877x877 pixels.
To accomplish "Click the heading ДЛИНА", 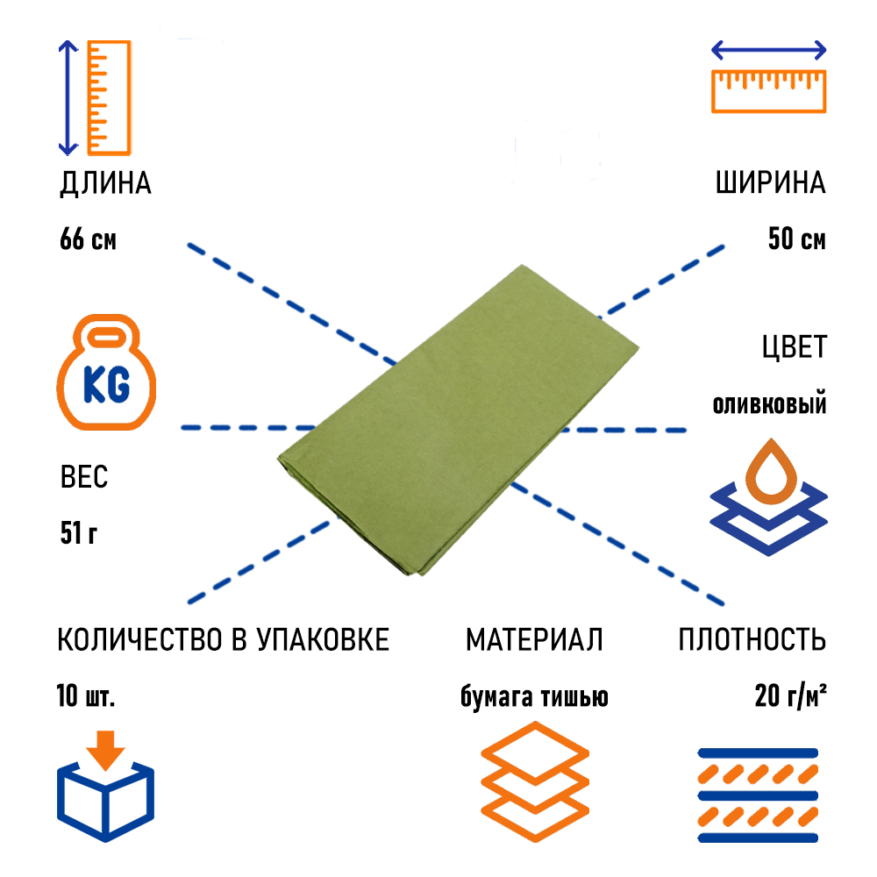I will coord(105,184).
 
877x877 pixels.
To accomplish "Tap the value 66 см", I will coord(88,239).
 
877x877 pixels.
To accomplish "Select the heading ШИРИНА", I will coord(770,184).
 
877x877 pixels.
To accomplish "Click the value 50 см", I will coord(796,239).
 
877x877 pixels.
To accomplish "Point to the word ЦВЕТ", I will coord(794,347).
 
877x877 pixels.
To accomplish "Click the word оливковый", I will coord(769,405).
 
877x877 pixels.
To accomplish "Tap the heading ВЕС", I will coord(84,478).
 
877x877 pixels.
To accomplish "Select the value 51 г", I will coord(79,532).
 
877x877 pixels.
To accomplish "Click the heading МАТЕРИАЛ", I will coord(534,640).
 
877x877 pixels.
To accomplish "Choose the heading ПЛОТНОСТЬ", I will coord(752,640).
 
